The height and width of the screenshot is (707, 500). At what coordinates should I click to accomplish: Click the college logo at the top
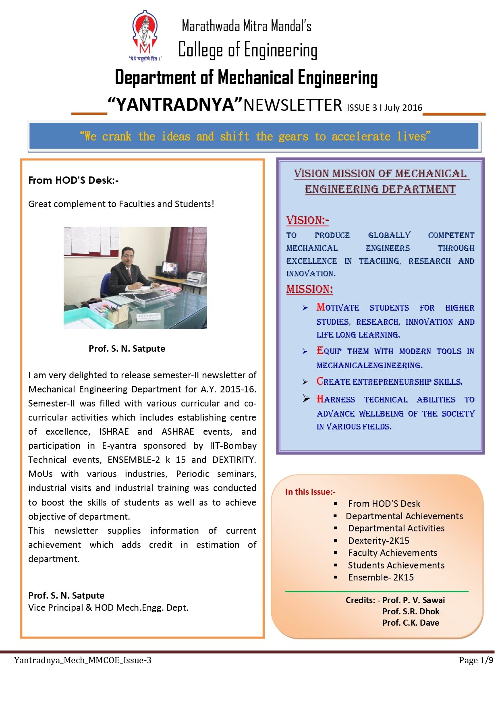[145, 36]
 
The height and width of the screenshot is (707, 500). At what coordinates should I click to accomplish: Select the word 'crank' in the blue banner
[116, 137]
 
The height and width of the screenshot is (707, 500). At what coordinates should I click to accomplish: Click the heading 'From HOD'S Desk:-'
[73, 180]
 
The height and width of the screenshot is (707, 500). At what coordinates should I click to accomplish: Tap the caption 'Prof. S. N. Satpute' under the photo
[127, 348]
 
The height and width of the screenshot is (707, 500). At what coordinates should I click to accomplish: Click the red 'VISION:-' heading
[307, 220]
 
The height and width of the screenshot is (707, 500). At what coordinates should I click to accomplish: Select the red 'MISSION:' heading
[309, 289]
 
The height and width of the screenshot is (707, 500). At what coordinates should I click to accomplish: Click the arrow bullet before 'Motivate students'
[305, 308]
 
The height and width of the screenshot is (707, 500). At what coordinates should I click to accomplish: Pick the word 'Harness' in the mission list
[336, 399]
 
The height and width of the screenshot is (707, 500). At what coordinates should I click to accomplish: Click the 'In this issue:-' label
[310, 491]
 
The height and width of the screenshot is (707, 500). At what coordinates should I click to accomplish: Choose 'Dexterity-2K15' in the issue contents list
[379, 541]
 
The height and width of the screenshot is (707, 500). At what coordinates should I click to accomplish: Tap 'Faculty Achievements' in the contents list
[392, 553]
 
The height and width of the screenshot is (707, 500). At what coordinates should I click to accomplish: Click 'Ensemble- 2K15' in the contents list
[381, 577]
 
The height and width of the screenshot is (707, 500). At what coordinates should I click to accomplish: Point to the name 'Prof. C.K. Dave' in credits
[411, 622]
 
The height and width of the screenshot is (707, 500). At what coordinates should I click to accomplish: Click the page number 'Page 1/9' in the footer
[476, 660]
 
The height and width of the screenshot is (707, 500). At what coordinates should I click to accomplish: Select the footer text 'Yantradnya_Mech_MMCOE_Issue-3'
[83, 660]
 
